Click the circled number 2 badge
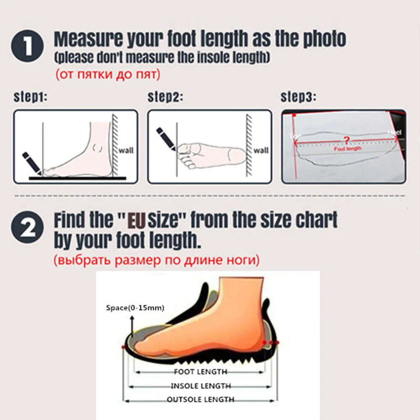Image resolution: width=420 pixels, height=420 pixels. [x=27, y=228]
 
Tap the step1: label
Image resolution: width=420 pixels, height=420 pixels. [x=30, y=97]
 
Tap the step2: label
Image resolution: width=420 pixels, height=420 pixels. [x=165, y=97]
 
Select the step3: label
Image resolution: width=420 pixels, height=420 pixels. [x=298, y=97]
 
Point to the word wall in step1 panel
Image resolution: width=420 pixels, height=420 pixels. [x=126, y=150]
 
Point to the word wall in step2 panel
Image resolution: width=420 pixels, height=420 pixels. [x=261, y=150]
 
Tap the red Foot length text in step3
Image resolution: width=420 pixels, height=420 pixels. [x=347, y=149]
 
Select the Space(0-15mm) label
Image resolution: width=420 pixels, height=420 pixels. [x=135, y=308]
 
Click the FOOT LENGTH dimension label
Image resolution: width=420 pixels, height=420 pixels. [x=200, y=372]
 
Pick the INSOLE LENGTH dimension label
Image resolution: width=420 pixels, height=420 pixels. [x=200, y=386]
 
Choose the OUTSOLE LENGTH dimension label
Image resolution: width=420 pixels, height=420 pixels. [x=200, y=399]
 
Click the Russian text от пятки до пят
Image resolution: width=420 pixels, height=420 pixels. [x=107, y=75]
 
